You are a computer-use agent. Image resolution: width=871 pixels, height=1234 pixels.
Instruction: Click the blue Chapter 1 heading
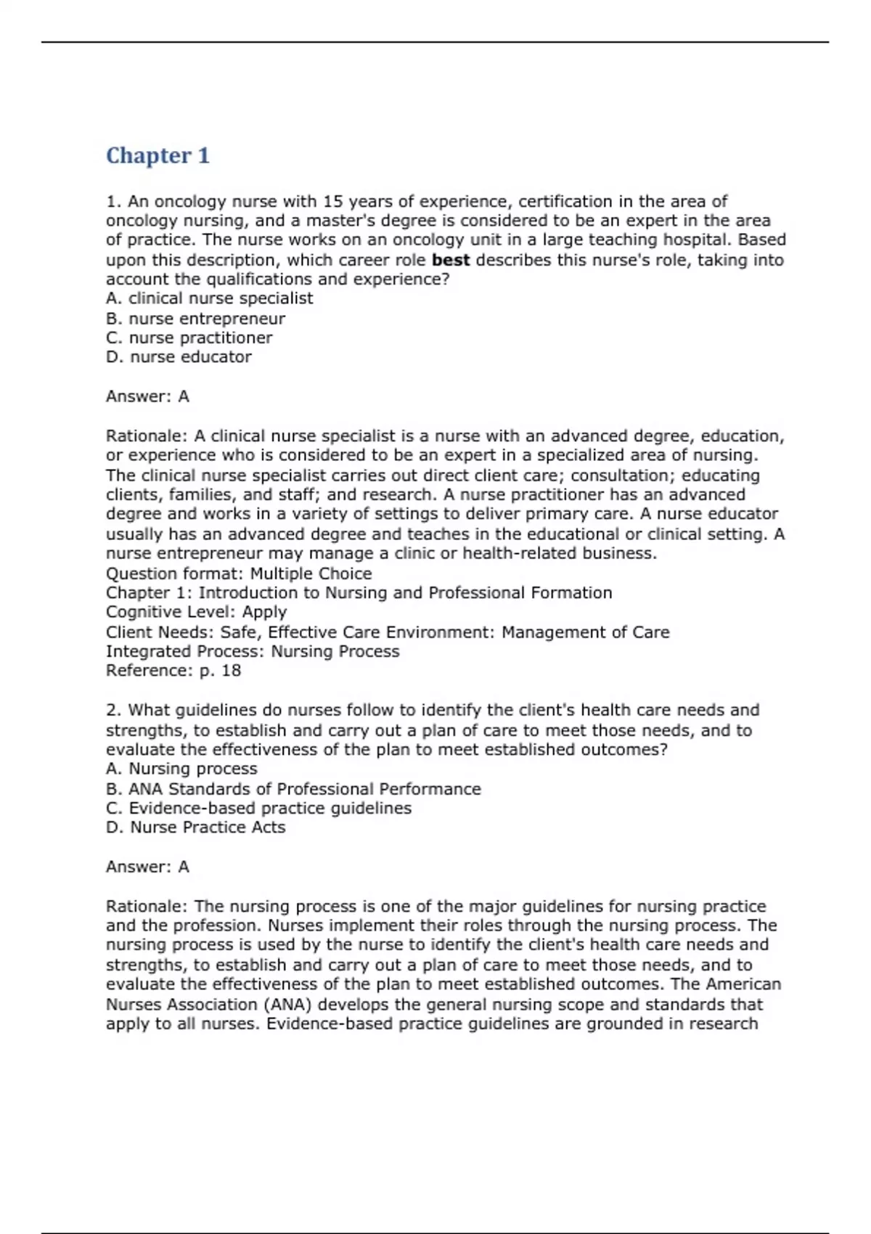pos(158,155)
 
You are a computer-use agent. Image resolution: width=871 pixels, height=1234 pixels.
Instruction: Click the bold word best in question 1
pos(450,260)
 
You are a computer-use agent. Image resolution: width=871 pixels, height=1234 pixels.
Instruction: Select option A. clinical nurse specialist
pos(209,298)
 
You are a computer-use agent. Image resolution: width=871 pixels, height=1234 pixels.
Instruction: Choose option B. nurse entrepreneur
pos(195,319)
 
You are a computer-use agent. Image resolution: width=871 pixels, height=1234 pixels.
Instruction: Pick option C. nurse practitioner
pos(189,338)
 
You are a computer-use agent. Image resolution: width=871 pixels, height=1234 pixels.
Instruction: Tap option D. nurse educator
pos(179,357)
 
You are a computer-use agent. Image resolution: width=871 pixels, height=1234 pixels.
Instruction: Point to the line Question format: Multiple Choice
pos(239,573)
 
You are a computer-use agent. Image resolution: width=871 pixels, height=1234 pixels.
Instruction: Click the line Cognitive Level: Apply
pos(196,612)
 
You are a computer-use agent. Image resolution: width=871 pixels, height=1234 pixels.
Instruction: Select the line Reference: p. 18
pos(173,671)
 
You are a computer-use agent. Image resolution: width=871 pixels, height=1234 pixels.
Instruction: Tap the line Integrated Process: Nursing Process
pos(252,651)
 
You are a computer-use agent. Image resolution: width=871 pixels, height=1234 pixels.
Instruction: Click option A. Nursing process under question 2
pos(181,769)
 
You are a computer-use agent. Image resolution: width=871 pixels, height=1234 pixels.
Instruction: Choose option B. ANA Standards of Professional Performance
pos(293,789)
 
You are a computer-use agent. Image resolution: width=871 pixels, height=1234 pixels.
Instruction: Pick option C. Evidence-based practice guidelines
pos(258,808)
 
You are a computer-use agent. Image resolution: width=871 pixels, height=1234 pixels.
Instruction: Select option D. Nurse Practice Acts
pos(195,828)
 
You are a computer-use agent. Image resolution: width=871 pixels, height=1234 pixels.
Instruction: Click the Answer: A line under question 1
pos(147,396)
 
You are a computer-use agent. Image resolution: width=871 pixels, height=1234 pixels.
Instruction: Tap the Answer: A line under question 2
pos(147,867)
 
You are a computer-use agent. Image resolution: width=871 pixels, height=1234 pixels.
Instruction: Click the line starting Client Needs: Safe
pos(387,632)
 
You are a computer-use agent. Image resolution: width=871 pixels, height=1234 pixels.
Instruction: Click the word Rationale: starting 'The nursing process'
pos(147,907)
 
